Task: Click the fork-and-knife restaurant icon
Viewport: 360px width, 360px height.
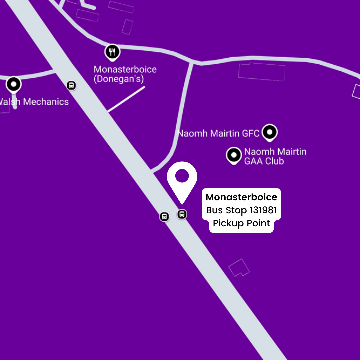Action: (x=113, y=52)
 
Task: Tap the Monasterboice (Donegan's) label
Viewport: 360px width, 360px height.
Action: (x=125, y=74)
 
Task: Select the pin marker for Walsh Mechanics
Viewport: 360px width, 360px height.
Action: (x=14, y=84)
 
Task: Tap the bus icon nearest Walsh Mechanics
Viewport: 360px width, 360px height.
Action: (x=71, y=85)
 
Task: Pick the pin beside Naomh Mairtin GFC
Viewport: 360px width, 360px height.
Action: (x=269, y=132)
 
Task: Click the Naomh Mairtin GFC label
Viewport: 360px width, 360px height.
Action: (x=219, y=134)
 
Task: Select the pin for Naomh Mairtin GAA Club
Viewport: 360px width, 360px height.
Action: (x=234, y=155)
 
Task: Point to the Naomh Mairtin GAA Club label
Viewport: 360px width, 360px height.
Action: (x=275, y=156)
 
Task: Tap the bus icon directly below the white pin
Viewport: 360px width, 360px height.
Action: (x=182, y=214)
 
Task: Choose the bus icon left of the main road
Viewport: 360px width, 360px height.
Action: (x=164, y=216)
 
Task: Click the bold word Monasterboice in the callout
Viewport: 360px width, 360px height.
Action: (x=241, y=197)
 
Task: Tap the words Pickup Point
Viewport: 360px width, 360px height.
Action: (x=241, y=223)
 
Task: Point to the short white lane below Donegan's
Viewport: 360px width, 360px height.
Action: (x=126, y=99)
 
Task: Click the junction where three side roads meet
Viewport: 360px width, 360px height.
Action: (x=192, y=62)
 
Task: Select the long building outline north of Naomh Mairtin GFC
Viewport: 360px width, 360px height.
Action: (x=262, y=72)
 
